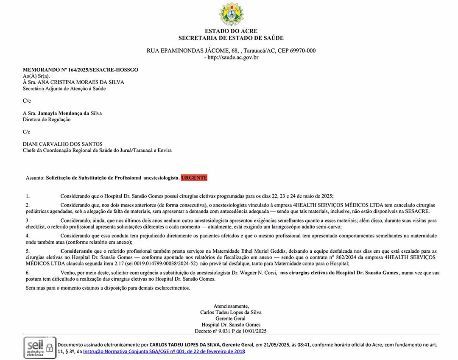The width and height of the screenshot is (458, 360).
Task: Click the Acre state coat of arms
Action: pos(231,14)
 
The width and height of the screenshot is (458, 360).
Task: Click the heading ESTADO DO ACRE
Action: pos(231,31)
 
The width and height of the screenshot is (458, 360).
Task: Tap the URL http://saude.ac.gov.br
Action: pos(233,57)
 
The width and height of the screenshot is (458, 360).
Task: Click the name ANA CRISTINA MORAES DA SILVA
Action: pos(81,82)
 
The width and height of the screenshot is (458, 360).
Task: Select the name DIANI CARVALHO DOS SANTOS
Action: pos(63,144)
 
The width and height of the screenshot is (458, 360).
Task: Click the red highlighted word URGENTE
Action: pos(194,178)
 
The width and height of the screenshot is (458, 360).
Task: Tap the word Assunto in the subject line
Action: pos(35,178)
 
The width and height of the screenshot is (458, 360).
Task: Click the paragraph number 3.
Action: pos(28,220)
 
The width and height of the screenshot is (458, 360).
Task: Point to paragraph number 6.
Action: pos(28,273)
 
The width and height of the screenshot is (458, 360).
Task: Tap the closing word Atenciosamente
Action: pos(231,306)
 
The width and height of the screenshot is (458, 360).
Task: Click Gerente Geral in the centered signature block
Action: pos(231,318)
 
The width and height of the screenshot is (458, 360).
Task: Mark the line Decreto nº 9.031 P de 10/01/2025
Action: pos(231,331)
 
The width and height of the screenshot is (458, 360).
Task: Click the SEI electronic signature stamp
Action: pos(39,347)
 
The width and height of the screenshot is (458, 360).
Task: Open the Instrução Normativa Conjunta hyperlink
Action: pos(164,352)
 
